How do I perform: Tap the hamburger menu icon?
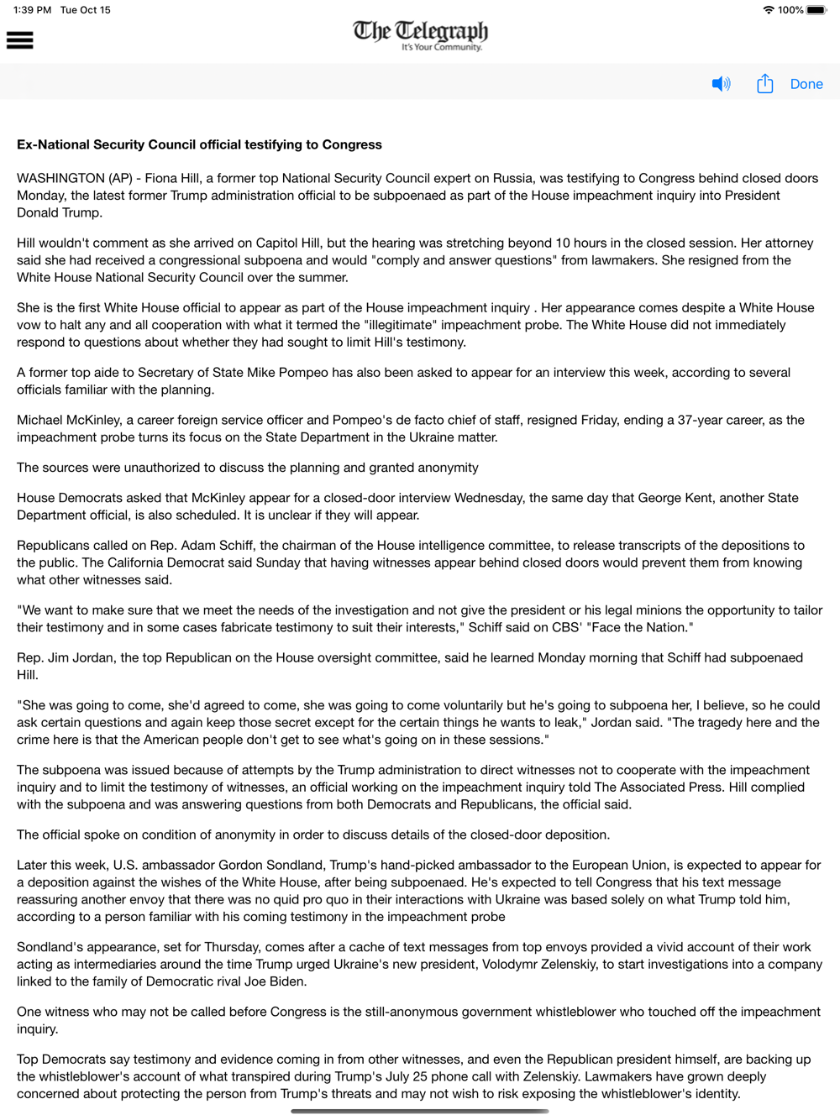point(19,40)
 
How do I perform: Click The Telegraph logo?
point(420,34)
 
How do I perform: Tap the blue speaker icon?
point(721,84)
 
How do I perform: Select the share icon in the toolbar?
point(764,84)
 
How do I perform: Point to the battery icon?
point(816,10)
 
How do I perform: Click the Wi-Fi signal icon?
point(768,10)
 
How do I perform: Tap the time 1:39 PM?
point(32,10)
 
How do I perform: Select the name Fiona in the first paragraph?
point(162,178)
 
